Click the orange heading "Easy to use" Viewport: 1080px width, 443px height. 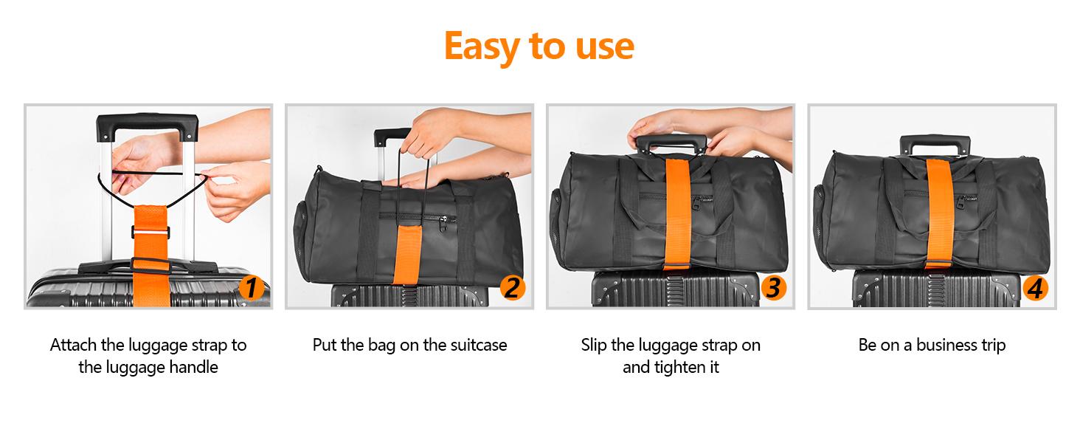539,46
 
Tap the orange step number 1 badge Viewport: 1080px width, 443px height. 252,288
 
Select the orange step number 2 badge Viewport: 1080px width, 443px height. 512,288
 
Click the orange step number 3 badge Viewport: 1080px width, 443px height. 772,288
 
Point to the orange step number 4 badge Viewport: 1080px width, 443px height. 1034,288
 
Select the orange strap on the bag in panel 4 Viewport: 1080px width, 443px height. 937,214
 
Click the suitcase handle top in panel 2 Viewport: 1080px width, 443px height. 392,135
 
